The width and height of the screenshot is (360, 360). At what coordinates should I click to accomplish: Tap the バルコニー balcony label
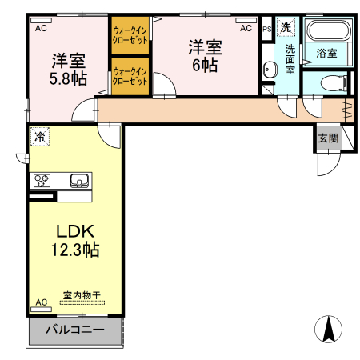click(74, 330)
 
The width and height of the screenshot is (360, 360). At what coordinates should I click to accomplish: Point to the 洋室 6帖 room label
click(204, 56)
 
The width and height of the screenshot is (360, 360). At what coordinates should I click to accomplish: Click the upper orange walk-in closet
click(130, 36)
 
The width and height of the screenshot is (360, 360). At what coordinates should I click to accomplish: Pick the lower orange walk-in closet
click(130, 77)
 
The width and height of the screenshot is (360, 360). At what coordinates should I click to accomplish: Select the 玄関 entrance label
click(328, 138)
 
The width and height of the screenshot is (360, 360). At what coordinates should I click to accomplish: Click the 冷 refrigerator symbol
click(39, 137)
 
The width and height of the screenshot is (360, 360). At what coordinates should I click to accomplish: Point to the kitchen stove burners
click(42, 181)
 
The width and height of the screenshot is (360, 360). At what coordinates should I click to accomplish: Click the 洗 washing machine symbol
click(286, 27)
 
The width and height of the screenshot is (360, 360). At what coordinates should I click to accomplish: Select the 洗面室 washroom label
click(290, 58)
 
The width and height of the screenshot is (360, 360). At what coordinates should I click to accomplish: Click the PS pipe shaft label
click(266, 28)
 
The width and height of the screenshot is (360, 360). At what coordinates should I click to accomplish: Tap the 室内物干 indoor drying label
click(82, 295)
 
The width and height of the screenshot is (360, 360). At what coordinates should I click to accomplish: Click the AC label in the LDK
click(41, 302)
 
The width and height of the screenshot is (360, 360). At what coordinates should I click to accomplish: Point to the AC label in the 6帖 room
click(246, 28)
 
